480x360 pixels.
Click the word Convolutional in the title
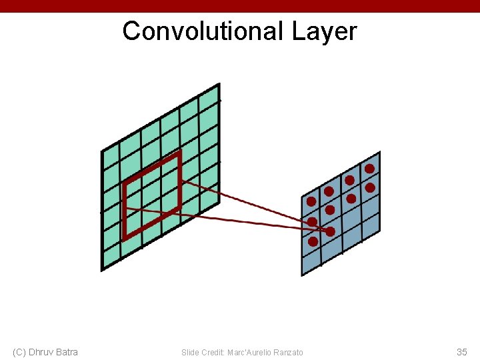pos(203,31)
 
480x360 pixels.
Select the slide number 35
pos(461,352)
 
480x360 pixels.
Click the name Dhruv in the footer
pos(43,352)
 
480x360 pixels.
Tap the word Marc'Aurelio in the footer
pos(249,352)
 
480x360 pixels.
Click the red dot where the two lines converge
pos(330,231)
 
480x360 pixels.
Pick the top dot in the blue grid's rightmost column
pos(369,169)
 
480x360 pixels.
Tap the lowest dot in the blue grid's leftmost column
pos(313,241)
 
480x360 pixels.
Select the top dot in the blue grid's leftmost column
pos(311,201)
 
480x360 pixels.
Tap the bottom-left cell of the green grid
pos(111,257)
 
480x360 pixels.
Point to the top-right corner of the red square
pos(179,153)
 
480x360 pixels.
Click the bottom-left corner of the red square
pos(125,237)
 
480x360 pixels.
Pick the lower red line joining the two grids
pos(227,219)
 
